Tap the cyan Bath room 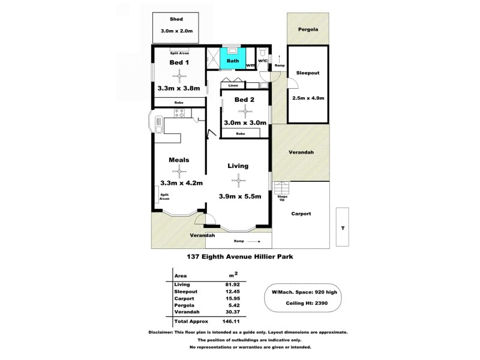[x=233, y=61]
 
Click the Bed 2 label [x=244, y=100]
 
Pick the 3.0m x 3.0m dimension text [x=245, y=122]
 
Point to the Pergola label [x=308, y=29]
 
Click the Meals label [x=179, y=160]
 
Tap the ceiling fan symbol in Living [x=238, y=179]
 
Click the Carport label [x=301, y=214]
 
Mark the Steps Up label [x=282, y=198]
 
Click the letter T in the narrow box [x=343, y=227]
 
